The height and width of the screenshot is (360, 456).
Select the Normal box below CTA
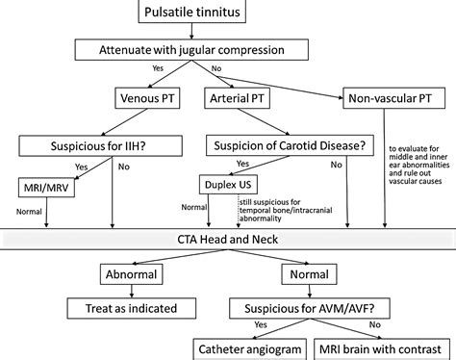[307, 275]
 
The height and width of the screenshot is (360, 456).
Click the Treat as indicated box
[138, 308]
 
